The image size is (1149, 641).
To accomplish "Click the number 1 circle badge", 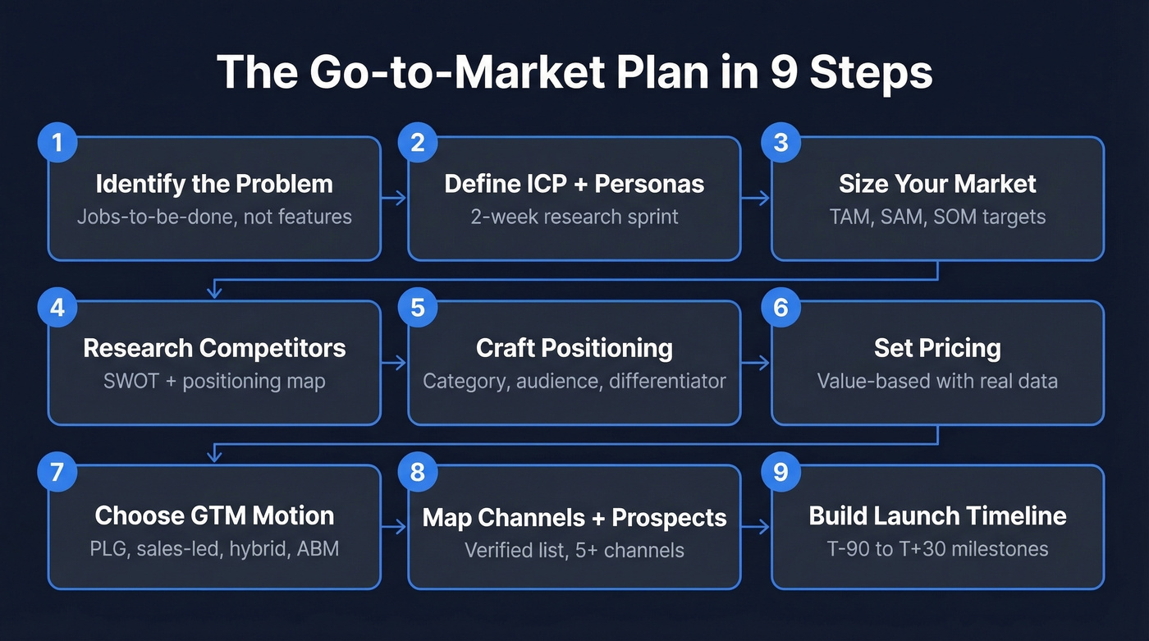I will pos(57,142).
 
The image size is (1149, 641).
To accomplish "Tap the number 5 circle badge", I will pos(418,307).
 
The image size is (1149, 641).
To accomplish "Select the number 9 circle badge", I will pos(780,471).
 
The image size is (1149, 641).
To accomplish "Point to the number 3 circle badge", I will pos(780,142).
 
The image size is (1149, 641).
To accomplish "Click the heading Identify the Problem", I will pos(214,184).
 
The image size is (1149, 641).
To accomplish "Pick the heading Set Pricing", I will pos(937,348).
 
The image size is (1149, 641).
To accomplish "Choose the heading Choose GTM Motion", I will pos(214,515).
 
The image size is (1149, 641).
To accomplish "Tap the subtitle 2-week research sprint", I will pos(574,217).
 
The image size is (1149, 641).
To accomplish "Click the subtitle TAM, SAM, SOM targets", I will pos(937,217).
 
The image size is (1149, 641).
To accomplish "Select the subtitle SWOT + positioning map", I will pos(214,382).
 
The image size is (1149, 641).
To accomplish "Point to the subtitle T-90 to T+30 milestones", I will pos(937,548).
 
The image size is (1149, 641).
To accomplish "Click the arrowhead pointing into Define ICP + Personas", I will pos(402,198).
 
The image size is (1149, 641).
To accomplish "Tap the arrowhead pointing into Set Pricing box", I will pos(765,363).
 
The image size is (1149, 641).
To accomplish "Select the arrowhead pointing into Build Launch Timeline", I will pos(765,527).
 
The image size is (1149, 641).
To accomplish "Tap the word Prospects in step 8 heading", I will pos(669,518).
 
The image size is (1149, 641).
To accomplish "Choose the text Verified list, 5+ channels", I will pos(574,549).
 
